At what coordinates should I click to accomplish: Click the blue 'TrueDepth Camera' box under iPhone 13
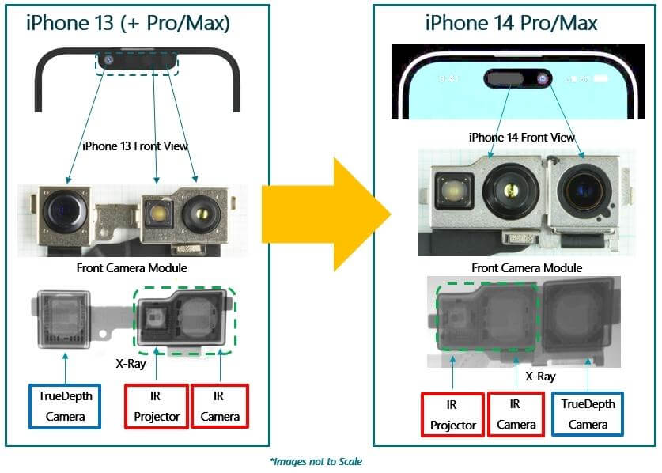pyautogui.click(x=64, y=406)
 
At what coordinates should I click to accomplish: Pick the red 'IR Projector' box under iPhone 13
pyautogui.click(x=157, y=406)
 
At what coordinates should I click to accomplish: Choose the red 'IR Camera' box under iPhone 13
pyautogui.click(x=219, y=406)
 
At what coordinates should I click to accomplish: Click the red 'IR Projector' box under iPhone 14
pyautogui.click(x=453, y=414)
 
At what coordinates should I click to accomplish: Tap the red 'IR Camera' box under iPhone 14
pyautogui.click(x=515, y=414)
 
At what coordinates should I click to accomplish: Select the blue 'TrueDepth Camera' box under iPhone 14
pyautogui.click(x=588, y=414)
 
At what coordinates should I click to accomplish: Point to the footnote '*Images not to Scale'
pyautogui.click(x=316, y=461)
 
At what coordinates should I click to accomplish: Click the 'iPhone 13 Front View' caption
pyautogui.click(x=134, y=146)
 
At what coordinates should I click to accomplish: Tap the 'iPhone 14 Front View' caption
pyautogui.click(x=521, y=137)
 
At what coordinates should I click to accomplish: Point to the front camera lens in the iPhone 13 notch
pyautogui.click(x=108, y=60)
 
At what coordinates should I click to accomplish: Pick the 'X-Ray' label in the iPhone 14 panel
pyautogui.click(x=539, y=377)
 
